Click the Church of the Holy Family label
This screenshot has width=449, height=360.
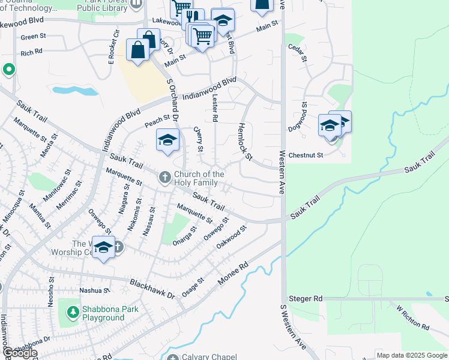click(199, 178)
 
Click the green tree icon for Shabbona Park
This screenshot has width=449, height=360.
click(73, 313)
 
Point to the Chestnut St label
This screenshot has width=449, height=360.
click(306, 155)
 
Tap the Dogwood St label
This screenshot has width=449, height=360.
click(305, 113)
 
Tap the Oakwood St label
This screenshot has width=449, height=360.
click(232, 238)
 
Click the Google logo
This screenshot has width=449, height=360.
click(20, 353)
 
